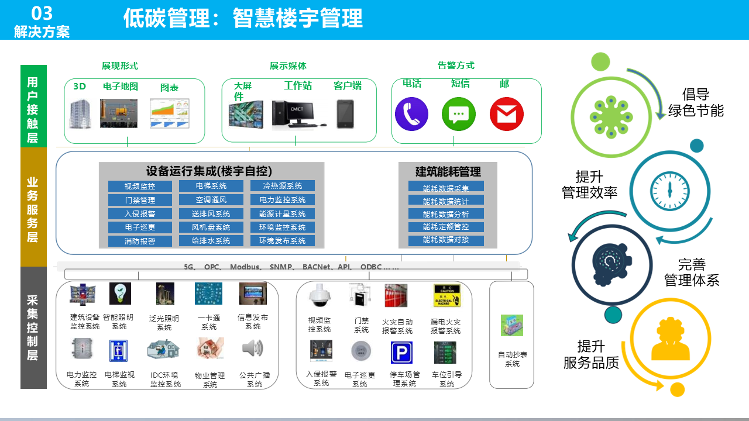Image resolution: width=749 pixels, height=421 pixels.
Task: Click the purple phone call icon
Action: tap(412, 114)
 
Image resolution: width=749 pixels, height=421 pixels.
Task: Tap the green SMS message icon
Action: tap(459, 114)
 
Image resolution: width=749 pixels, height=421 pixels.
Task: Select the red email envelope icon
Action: tap(506, 114)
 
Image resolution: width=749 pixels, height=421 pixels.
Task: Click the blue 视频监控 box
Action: tap(140, 186)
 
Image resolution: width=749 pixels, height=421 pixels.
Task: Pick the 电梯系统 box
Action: tap(211, 186)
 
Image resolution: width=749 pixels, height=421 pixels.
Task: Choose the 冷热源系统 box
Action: tap(283, 186)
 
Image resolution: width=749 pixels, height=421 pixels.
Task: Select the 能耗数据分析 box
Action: tap(446, 214)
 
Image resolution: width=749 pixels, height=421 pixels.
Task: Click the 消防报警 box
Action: tap(140, 241)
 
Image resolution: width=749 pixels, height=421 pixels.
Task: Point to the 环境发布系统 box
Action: tap(283, 241)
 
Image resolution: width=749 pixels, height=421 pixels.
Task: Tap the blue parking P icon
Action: tap(401, 352)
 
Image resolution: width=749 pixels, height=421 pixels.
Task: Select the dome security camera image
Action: tap(319, 296)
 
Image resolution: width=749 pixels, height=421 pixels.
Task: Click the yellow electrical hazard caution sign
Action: tap(444, 296)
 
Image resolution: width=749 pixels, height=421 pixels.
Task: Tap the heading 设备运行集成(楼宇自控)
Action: tap(209, 171)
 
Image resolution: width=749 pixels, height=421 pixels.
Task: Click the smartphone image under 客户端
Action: tap(345, 113)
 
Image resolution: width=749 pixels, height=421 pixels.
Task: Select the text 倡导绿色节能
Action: tap(696, 102)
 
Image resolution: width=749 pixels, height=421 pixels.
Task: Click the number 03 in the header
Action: tap(42, 13)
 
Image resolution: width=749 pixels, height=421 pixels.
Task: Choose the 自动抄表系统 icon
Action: tap(511, 326)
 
